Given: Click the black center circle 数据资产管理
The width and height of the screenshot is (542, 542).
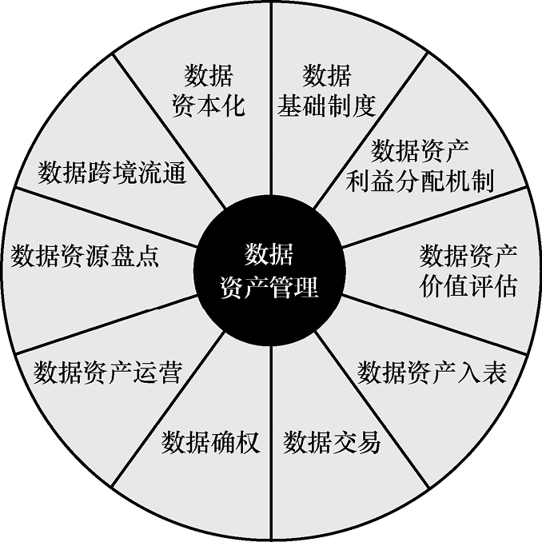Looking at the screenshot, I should pos(270,271).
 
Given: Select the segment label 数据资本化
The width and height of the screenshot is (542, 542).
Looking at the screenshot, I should pos(208,91).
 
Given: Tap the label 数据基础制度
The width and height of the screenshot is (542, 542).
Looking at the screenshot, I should pos(326,91).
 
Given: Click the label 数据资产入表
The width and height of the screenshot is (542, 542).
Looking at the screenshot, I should pos(432,373).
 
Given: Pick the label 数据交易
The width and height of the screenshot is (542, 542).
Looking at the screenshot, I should pos(332,441).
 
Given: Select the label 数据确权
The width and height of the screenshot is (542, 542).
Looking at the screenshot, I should pos(211,441).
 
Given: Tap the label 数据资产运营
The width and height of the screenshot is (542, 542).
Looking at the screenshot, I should pos(108,373).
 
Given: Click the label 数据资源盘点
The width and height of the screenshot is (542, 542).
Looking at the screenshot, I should pos(85,256).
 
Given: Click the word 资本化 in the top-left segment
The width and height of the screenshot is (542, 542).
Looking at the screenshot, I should pos(208,106).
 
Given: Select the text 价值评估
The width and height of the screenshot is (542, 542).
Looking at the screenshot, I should pos(468,285).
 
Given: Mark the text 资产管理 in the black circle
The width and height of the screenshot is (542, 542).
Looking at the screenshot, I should pos(269,287).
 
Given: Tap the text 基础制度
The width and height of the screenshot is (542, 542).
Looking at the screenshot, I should pos(326,106).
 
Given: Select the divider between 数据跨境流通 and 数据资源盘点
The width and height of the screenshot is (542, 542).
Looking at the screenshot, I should pos(104,217).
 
